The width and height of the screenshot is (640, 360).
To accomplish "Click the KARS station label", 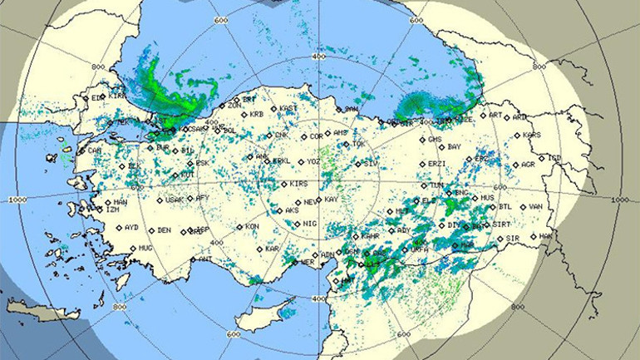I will tap(531, 135).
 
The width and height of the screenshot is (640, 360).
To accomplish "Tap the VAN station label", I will tap(535, 207).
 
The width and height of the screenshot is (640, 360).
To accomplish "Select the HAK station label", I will tap(546, 236).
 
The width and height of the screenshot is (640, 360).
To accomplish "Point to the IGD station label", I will tap(554, 158).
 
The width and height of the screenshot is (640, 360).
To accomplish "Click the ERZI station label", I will tap(436, 164).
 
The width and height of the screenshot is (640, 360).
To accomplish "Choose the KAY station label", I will tap(331, 200).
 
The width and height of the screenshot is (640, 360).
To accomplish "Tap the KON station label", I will tap(253, 227).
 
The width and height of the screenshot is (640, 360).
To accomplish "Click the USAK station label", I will tap(174, 200).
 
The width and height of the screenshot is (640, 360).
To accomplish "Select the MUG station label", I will tap(145, 248).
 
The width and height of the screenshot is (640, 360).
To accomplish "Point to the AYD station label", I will tap(131, 227).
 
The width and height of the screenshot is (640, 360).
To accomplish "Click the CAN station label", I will tap(95, 151).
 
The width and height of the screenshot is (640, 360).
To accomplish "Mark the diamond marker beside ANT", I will tap(192, 259).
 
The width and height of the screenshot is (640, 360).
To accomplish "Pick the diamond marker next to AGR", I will tap(514, 165).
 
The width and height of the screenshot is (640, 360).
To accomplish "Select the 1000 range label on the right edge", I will tap(618, 200).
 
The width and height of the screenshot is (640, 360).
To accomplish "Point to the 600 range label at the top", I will tap(221, 20).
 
